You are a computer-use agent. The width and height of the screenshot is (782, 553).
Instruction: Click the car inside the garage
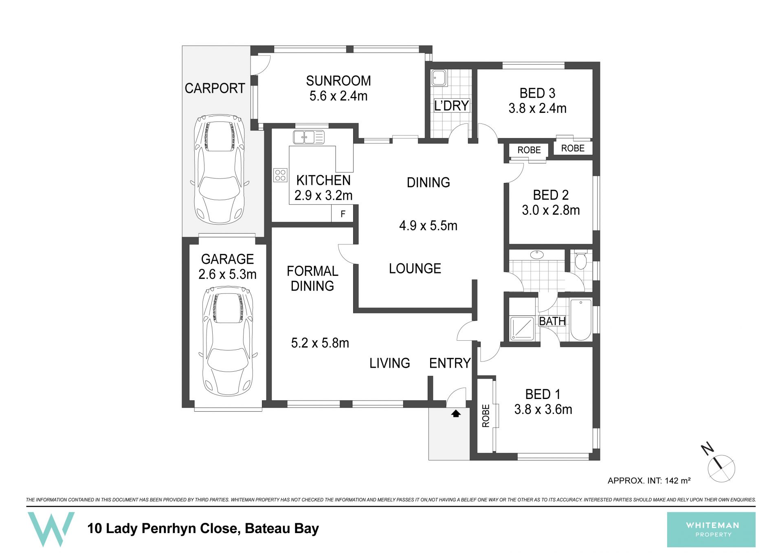click(228, 341)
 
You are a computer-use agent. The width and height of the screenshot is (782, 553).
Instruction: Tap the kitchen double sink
click(309, 137)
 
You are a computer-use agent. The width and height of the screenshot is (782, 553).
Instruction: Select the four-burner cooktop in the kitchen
click(280, 175)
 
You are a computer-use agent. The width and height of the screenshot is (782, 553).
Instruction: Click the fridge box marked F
click(343, 214)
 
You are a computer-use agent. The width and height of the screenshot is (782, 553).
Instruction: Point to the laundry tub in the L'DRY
click(439, 77)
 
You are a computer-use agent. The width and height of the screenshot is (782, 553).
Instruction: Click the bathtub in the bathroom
click(581, 320)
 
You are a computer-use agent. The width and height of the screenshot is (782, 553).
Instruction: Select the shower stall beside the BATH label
click(522, 328)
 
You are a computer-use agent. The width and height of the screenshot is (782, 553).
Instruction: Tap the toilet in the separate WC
click(580, 260)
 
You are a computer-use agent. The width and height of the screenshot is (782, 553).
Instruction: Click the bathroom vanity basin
click(537, 255)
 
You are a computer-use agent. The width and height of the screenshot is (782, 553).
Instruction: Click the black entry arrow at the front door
click(456, 414)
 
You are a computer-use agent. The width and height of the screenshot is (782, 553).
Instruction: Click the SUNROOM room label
click(338, 81)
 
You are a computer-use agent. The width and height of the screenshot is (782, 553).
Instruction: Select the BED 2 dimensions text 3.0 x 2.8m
click(551, 210)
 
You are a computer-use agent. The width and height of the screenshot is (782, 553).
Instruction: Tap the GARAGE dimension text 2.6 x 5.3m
click(227, 274)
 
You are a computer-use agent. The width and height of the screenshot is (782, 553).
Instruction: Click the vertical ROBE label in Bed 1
click(485, 416)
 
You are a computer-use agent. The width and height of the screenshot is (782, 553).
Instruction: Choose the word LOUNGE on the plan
click(415, 269)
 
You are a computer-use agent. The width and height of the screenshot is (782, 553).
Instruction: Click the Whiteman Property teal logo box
click(711, 529)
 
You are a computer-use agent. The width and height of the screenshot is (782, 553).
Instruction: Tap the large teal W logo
click(51, 529)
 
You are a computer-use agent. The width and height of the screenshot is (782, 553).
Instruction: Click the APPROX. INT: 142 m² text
click(649, 481)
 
